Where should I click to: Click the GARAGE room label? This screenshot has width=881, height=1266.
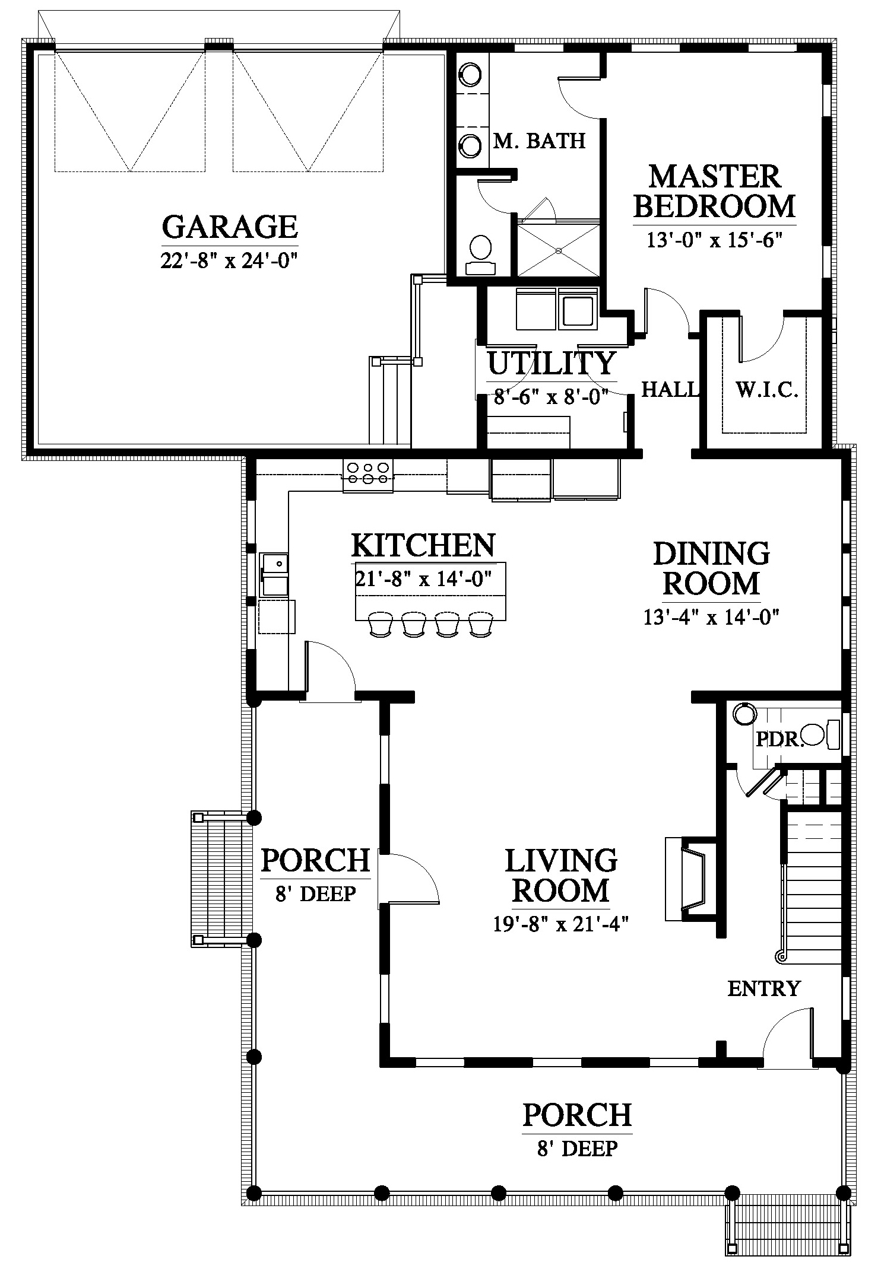point(230,227)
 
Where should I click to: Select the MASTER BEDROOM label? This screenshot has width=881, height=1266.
point(714,192)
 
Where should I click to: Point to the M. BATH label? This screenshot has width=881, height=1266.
point(540,141)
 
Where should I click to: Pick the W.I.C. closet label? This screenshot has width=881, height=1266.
point(766,390)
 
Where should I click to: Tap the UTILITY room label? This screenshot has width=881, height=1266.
point(552,363)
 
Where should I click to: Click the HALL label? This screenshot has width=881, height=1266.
point(670,389)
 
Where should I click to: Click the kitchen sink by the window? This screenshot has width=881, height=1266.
point(275,574)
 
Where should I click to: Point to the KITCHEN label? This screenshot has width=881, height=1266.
point(423,545)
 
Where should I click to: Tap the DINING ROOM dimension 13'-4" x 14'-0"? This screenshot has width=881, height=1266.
point(711,618)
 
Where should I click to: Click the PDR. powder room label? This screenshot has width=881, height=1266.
point(779,739)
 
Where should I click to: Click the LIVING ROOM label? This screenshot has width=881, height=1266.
point(561,876)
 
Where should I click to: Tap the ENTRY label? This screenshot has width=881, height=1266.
point(765,989)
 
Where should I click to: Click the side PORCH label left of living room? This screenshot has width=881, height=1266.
point(316,860)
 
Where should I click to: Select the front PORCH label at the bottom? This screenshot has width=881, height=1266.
point(577,1115)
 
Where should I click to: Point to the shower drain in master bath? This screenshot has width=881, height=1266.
point(559,250)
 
